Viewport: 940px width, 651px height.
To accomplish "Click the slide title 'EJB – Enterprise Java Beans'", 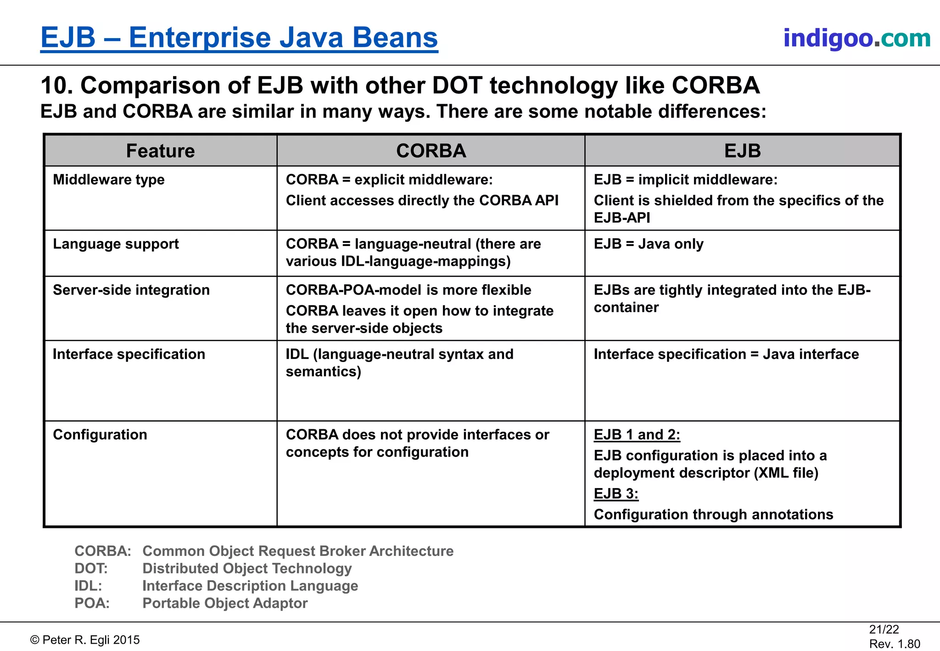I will (239, 38).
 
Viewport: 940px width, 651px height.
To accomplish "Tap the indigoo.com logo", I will (856, 38).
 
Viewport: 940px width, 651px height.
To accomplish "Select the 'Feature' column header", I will (160, 151).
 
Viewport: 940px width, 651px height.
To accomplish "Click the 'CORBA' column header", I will (431, 151).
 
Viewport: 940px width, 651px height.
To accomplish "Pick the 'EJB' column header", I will (742, 151).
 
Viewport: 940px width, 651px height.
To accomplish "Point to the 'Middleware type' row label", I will (109, 180).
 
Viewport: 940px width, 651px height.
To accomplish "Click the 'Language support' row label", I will (116, 244).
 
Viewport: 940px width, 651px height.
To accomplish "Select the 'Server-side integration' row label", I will (131, 290).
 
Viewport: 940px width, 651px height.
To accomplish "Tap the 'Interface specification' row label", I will (129, 354).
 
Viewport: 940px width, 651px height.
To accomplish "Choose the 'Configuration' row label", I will (100, 435).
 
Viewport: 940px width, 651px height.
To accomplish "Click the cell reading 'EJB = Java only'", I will (649, 244).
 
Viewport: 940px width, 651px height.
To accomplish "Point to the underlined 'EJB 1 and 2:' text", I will (637, 435).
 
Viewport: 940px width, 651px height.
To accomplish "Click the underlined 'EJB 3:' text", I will (616, 494).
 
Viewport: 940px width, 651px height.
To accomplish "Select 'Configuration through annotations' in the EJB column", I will (713, 515).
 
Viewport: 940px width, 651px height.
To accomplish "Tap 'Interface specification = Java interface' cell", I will (726, 354).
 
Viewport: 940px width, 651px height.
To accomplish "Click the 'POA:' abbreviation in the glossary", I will (92, 603).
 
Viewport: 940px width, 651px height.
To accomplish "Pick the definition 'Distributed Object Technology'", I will (247, 568).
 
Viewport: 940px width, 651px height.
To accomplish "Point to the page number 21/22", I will (884, 629).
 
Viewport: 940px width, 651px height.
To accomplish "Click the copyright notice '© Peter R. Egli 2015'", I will (85, 640).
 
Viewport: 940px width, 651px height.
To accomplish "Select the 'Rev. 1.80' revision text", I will (895, 644).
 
